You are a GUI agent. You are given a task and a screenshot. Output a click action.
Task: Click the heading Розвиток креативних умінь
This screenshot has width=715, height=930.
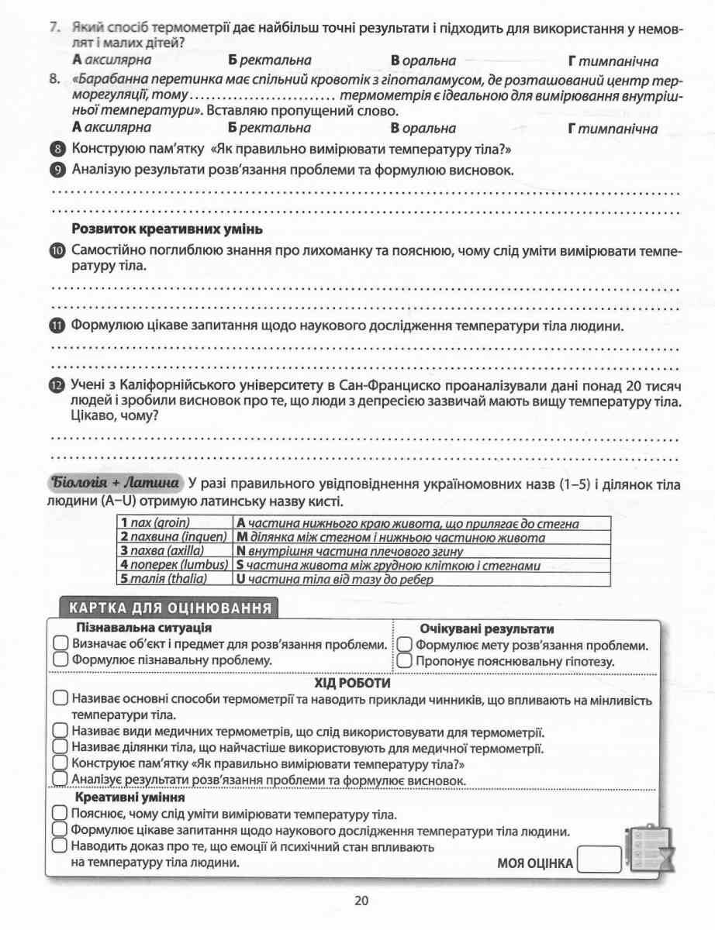[x=167, y=229]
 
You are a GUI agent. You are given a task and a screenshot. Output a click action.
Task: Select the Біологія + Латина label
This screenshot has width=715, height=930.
[x=116, y=484]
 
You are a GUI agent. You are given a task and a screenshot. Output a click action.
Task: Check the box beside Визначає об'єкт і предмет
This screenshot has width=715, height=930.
[x=60, y=645]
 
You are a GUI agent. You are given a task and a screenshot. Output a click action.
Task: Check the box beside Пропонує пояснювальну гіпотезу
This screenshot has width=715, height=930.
[x=404, y=661]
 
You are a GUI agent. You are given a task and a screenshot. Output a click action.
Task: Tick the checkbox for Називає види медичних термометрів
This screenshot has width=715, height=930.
[x=60, y=732]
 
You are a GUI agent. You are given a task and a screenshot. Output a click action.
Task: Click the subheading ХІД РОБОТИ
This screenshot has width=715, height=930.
[x=353, y=684]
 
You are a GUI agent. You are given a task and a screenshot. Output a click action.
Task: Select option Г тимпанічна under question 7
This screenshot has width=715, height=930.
[x=613, y=60]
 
